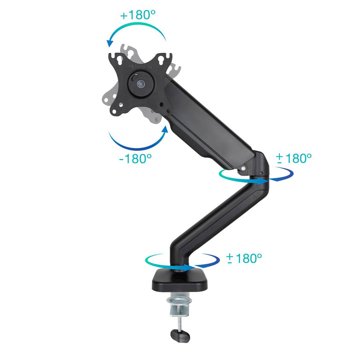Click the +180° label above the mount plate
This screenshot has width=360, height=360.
tap(138, 15)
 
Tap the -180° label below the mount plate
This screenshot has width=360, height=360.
tap(135, 158)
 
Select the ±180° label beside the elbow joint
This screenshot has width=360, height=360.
tap(294, 158)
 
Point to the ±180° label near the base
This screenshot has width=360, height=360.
tap(244, 258)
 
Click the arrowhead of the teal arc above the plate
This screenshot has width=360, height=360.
tap(110, 43)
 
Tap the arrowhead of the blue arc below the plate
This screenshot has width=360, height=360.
tap(165, 129)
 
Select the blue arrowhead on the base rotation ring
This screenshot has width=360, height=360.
tap(189, 267)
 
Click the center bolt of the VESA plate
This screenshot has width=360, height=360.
tap(140, 84)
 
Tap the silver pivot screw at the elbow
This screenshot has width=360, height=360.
tap(243, 169)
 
